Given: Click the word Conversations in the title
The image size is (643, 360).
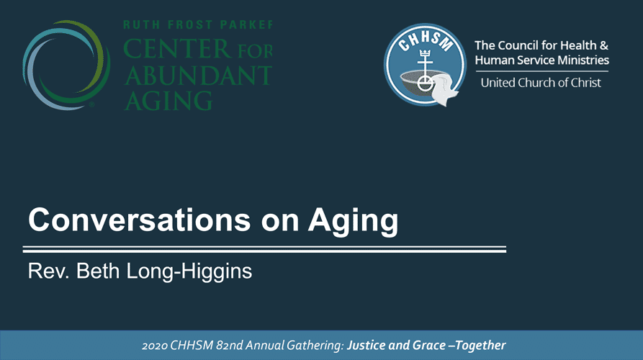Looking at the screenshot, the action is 140,220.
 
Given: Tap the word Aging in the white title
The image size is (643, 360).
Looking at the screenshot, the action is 353,222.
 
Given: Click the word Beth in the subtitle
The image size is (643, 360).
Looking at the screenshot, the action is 98,271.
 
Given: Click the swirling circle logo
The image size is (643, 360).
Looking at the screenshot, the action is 66,65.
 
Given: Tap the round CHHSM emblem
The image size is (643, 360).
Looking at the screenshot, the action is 426,64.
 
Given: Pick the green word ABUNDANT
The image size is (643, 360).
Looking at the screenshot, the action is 198,76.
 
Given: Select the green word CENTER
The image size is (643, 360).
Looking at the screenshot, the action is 177,49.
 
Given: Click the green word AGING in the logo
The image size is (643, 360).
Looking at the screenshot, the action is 168,101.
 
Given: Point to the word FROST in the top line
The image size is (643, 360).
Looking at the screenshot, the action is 190,24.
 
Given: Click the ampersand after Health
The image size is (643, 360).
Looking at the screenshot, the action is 603,45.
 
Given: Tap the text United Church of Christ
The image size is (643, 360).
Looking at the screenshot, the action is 541,83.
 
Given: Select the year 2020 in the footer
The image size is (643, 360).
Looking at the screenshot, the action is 155,346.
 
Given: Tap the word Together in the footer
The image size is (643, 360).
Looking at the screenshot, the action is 480,346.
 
